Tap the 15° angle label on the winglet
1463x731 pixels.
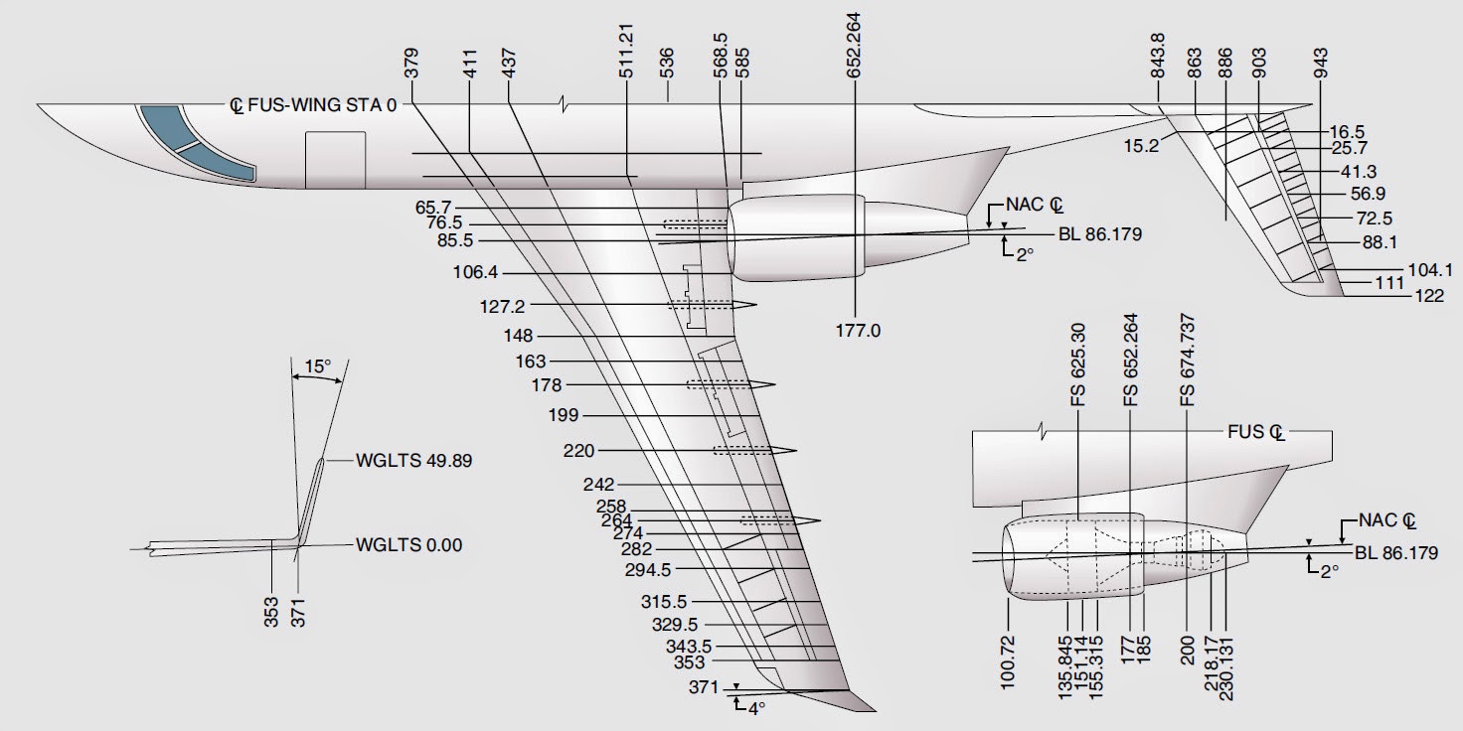click(317, 366)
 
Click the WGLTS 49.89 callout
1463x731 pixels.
click(400, 461)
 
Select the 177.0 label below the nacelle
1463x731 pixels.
click(859, 331)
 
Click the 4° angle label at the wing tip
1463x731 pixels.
click(756, 709)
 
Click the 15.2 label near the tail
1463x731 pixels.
click(1141, 144)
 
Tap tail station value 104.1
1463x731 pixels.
click(1431, 269)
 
